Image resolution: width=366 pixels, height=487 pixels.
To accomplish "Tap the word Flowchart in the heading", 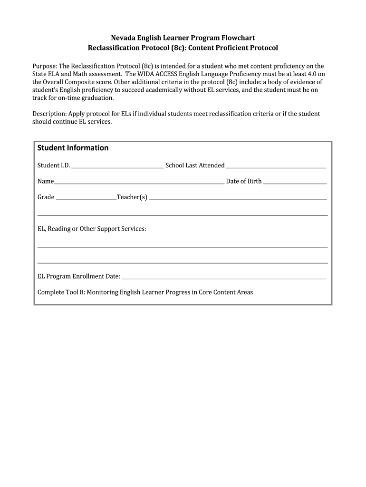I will [x=239, y=38].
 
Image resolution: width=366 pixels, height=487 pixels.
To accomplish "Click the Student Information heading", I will [x=73, y=148].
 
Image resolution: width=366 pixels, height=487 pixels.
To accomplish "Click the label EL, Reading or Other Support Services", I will [x=92, y=229].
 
